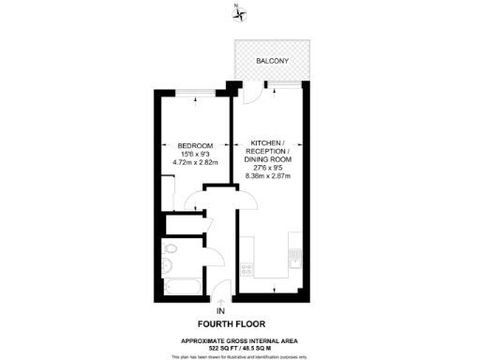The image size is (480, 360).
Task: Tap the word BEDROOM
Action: [x=195, y=145]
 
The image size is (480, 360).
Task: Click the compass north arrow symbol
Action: [x=239, y=12]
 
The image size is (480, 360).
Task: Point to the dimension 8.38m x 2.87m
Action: [x=268, y=175]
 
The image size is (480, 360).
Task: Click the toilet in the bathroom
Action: [x=169, y=250]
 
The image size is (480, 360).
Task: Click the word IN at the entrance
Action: [x=220, y=310]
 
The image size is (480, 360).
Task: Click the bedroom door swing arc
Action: [x=191, y=200]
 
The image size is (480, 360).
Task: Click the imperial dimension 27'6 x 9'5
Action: [x=268, y=167]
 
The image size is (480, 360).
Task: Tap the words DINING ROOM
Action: [x=268, y=158]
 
